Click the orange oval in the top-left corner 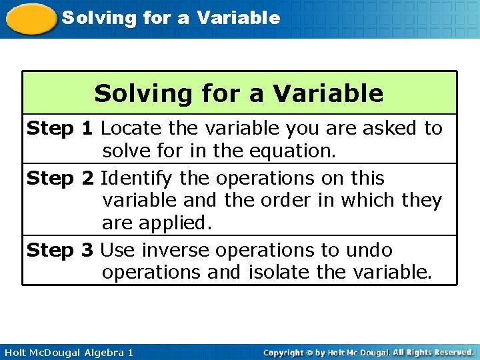click(x=31, y=19)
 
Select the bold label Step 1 click(x=60, y=128)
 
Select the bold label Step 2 click(x=60, y=179)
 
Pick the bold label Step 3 click(x=60, y=251)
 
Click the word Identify click(x=137, y=179)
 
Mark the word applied click(x=175, y=223)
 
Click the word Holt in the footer click(x=15, y=352)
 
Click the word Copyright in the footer click(x=283, y=352)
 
